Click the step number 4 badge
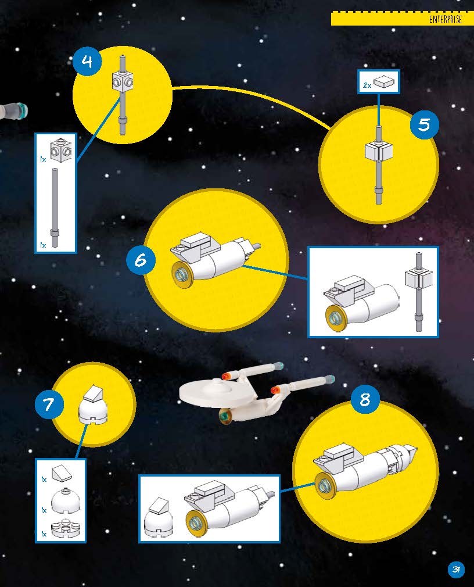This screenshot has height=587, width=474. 87,60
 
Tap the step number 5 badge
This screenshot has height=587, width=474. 424,124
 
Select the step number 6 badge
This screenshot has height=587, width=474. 141,259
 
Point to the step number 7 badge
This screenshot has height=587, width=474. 49,405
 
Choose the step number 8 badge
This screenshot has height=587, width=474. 365,399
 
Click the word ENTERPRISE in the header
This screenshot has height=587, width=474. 445,19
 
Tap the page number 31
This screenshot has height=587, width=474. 456,570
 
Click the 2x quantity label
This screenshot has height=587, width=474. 367,85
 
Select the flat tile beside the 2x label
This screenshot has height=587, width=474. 384,81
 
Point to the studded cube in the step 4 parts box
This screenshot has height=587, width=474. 60,151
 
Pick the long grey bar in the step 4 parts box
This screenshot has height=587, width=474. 55,207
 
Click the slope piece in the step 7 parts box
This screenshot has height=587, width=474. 62,474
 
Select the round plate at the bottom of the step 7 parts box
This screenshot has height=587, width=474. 65,528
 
